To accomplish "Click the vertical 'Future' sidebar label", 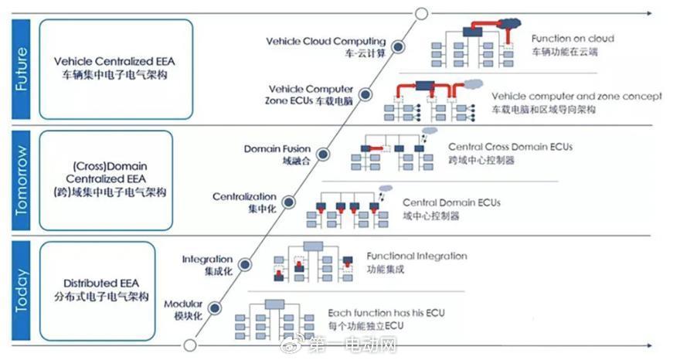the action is click(x=21, y=69).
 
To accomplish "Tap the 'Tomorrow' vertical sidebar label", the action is click(x=21, y=180).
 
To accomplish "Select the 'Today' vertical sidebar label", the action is click(x=21, y=290).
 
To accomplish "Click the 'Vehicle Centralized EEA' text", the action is click(x=114, y=61).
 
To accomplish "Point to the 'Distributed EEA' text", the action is click(x=101, y=284).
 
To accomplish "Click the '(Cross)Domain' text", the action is click(x=110, y=166).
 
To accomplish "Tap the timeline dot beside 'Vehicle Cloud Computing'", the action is click(x=398, y=46).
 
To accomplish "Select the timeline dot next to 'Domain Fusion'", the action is click(x=323, y=154).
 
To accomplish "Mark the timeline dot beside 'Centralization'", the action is click(x=289, y=202).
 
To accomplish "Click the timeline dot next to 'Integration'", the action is click(x=245, y=264).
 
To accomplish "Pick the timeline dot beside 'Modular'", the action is click(x=214, y=308).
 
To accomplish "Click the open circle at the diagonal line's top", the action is click(x=421, y=13).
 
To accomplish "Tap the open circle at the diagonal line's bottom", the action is click(x=189, y=345).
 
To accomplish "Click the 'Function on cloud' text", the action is click(x=573, y=39).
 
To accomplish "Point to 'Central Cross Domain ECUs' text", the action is click(x=511, y=147).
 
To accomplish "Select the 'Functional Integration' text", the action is click(x=416, y=256).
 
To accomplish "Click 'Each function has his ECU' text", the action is click(x=386, y=313).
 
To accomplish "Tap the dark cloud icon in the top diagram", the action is click(x=508, y=23).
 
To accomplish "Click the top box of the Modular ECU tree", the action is click(x=274, y=304).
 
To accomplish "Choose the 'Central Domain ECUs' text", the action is click(x=451, y=202).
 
